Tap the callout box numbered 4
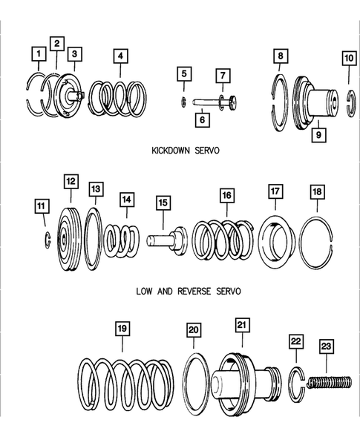pyautogui.click(x=120, y=56)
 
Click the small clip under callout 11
pyautogui.click(x=46, y=239)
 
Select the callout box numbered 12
pyautogui.click(x=71, y=181)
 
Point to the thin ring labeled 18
pyautogui.click(x=323, y=238)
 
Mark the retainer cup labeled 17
pyautogui.click(x=278, y=240)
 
